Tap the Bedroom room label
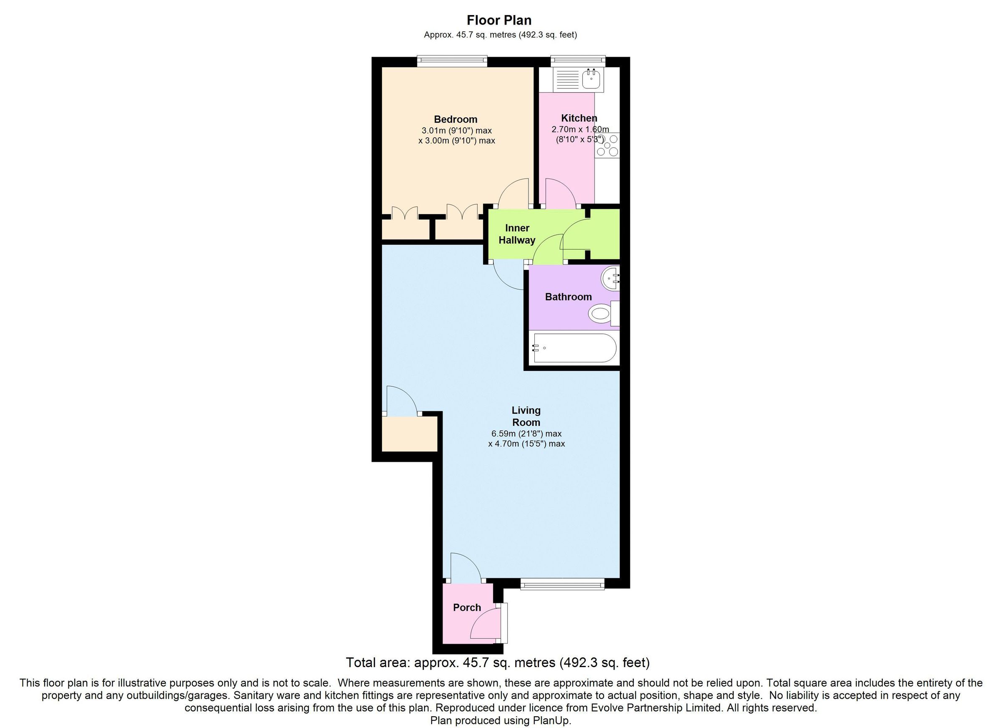point(455,119)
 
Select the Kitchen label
point(579,118)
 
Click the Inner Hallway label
point(517,234)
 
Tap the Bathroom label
point(568,297)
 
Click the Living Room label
point(526,416)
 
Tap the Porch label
point(466,607)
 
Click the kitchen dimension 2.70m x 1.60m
point(579,129)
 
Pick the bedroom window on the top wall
point(452,61)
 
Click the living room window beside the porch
point(562,585)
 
